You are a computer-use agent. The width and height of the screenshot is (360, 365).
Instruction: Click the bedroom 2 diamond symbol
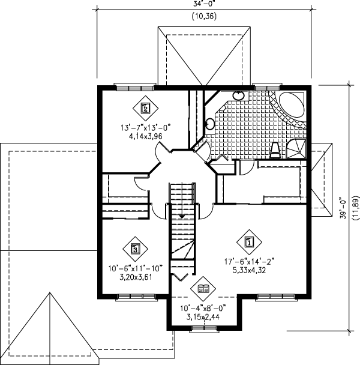coord(144,109)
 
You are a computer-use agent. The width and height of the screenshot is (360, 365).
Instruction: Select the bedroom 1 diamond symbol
coord(250,242)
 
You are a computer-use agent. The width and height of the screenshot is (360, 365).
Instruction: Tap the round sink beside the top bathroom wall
coord(238,95)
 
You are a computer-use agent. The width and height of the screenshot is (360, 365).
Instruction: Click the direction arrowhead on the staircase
coord(181,215)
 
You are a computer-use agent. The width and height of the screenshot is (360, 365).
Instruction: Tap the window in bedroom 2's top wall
coord(130,87)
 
